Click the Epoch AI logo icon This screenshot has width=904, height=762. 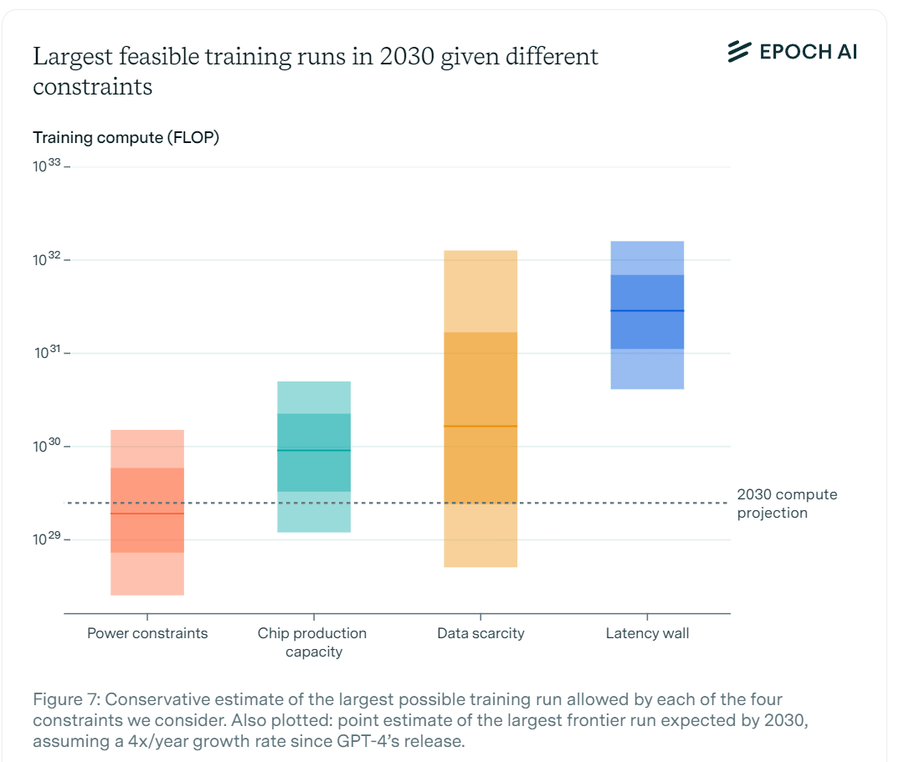[738, 51]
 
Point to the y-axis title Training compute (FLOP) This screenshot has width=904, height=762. [126, 138]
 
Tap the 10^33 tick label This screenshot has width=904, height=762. [49, 166]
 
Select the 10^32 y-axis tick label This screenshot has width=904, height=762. [49, 260]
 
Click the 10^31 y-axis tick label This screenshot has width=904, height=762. [49, 353]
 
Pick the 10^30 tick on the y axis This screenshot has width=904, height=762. [49, 447]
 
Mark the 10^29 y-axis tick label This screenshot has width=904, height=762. [49, 540]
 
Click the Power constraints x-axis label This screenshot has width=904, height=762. [147, 633]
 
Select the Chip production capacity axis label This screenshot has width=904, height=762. [312, 642]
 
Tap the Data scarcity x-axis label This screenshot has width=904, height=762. [480, 633]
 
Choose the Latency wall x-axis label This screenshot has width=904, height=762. [647, 633]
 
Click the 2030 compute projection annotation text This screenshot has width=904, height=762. [786, 504]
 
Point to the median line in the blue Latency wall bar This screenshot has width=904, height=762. [647, 311]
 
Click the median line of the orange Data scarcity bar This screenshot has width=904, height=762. [480, 427]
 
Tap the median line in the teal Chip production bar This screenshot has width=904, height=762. [314, 451]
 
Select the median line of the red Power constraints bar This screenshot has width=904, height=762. [147, 514]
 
